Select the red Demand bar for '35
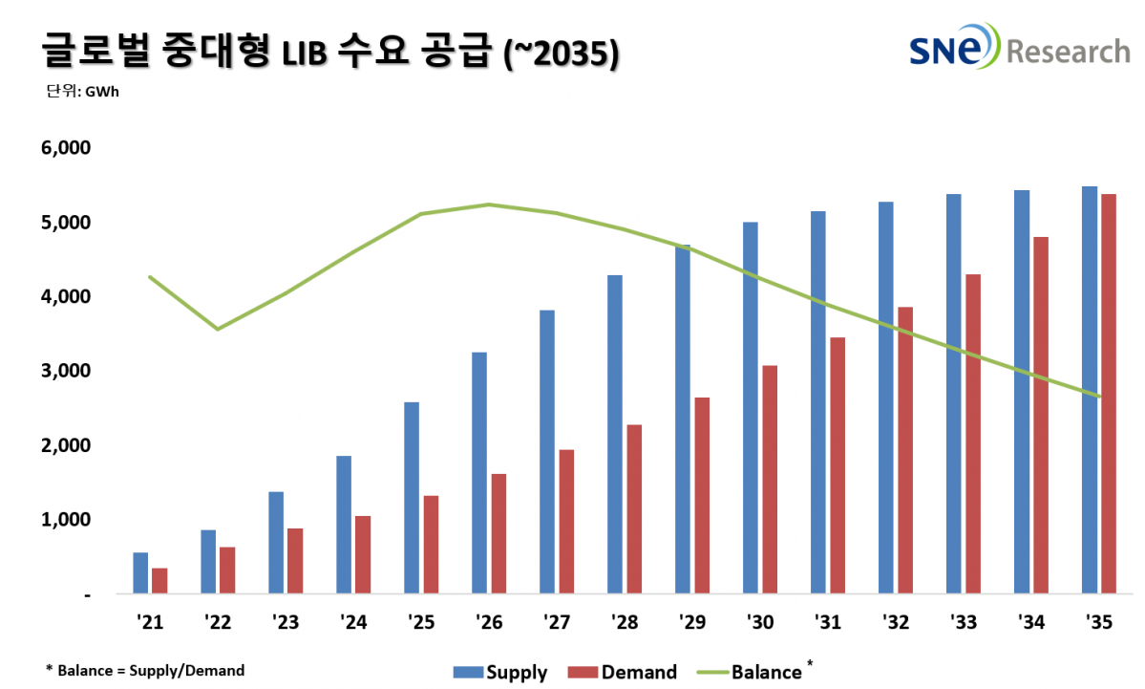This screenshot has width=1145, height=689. point(1108,394)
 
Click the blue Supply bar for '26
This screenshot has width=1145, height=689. point(479,473)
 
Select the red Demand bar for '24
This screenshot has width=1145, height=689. point(363,555)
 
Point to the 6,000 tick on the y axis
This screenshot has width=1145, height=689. point(62,148)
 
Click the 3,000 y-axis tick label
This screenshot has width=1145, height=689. point(62,371)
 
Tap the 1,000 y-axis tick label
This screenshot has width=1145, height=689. point(62,520)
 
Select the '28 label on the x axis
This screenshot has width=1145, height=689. point(626,622)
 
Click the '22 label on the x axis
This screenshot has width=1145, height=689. point(219,622)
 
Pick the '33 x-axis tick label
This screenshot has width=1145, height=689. point(964,622)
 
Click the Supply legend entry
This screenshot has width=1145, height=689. point(498,672)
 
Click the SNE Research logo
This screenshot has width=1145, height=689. point(1017,49)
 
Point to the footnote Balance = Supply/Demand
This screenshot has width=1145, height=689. point(144,671)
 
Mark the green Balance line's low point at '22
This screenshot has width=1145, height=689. point(218,329)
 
